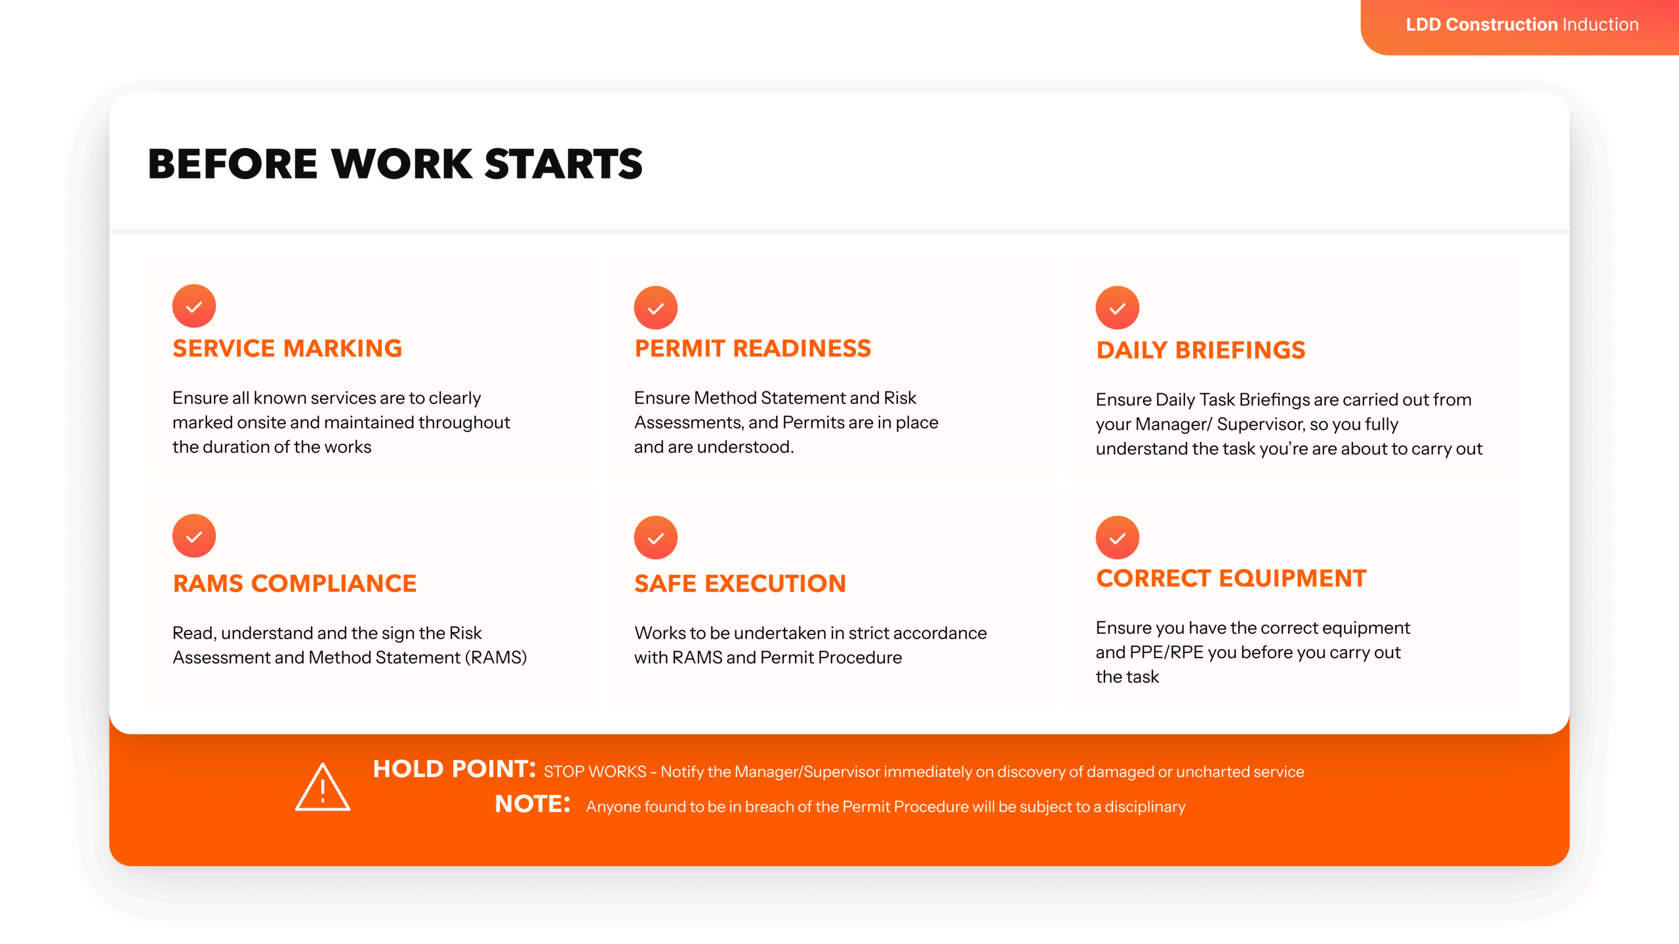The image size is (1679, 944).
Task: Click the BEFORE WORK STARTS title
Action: pyautogui.click(x=395, y=164)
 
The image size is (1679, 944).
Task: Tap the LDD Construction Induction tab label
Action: pyautogui.click(x=1522, y=25)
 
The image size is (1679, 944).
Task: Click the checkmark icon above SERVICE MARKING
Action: pyautogui.click(x=194, y=306)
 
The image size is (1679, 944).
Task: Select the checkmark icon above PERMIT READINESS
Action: pyautogui.click(x=656, y=307)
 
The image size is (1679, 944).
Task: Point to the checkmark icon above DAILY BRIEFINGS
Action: pyautogui.click(x=1118, y=307)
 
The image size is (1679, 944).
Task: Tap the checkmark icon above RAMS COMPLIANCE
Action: pyautogui.click(x=194, y=536)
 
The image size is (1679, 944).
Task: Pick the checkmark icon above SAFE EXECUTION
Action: pyautogui.click(x=656, y=538)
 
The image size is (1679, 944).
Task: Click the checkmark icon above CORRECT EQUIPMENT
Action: pyautogui.click(x=1118, y=538)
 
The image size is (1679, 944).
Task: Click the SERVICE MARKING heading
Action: pyautogui.click(x=287, y=348)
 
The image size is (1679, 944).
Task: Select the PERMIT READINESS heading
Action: pyautogui.click(x=753, y=348)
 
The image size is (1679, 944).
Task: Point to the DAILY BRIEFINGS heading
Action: pyautogui.click(x=1201, y=350)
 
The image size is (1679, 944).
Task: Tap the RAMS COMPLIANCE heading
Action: pyautogui.click(x=294, y=583)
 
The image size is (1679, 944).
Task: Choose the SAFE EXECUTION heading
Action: pyautogui.click(x=740, y=583)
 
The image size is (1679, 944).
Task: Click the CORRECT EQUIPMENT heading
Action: pyautogui.click(x=1231, y=578)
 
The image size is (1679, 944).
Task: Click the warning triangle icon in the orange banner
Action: pyautogui.click(x=323, y=787)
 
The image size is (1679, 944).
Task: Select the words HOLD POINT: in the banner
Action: pyautogui.click(x=455, y=769)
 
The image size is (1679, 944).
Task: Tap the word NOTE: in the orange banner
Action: pyautogui.click(x=533, y=804)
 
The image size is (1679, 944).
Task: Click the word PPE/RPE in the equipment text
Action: pyautogui.click(x=1167, y=653)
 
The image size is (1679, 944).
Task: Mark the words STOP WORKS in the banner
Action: pyautogui.click(x=595, y=772)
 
